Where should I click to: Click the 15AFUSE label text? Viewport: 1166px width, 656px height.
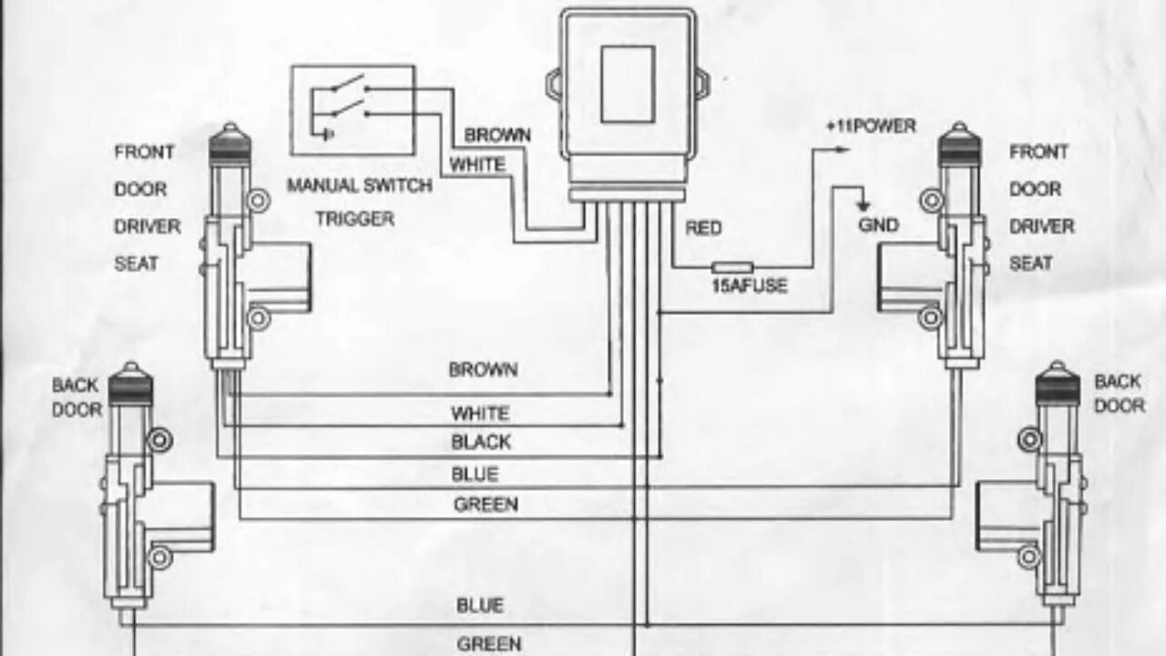point(748,286)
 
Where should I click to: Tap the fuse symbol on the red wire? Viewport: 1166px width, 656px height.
point(731,267)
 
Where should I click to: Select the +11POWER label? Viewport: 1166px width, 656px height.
point(871,127)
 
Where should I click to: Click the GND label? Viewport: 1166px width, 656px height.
point(878,225)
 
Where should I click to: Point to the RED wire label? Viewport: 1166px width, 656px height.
point(703,228)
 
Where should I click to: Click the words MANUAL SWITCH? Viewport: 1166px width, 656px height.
point(360,186)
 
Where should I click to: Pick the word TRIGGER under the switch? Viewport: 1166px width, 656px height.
point(355,219)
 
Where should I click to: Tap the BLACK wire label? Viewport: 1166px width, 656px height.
point(481,443)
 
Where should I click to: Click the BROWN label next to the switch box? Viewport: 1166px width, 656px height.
point(497,135)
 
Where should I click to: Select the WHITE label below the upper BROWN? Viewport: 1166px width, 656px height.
point(476,165)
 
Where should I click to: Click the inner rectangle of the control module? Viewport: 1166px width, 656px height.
point(628,84)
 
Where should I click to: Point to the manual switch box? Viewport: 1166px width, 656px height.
point(353,109)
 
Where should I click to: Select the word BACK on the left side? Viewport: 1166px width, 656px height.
point(75,385)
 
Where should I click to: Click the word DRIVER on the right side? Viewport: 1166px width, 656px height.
point(1041,226)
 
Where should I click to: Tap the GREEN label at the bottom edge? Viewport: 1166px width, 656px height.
point(488,643)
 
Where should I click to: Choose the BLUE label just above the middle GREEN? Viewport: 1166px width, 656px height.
point(476,475)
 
